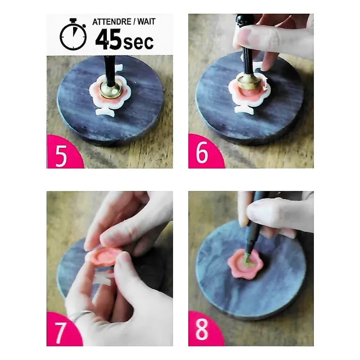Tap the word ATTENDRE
pos(112,22)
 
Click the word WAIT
pos(146,22)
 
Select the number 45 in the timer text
pos(108,39)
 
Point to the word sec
pos(138,43)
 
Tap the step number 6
pos(202,152)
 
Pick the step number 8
pos(202,330)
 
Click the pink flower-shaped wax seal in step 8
pos(245,264)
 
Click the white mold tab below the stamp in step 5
pos(106,112)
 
